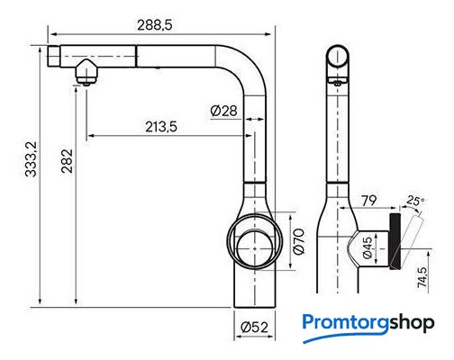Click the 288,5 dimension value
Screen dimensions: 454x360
click(155, 25)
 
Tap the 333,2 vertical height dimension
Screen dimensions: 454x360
click(31, 159)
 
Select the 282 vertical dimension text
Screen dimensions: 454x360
click(67, 161)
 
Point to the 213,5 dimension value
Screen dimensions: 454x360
click(161, 127)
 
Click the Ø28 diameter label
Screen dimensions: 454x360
click(223, 111)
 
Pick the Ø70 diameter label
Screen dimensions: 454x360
click(299, 241)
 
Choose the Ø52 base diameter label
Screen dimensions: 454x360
click(254, 327)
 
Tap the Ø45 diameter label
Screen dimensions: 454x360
click(368, 247)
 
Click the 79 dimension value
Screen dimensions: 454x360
click(368, 201)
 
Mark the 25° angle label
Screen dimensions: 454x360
click(416, 201)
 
